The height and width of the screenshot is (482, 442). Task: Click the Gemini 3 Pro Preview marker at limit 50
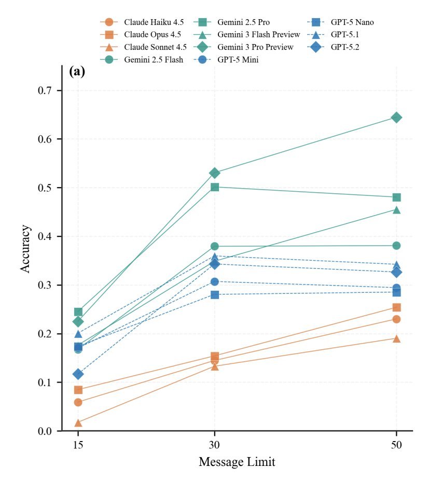[x=396, y=118]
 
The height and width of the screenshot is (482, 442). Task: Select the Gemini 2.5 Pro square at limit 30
[x=214, y=187]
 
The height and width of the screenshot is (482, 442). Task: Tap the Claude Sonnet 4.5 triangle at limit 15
[x=78, y=423]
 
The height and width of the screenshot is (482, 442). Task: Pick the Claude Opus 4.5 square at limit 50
[x=396, y=307]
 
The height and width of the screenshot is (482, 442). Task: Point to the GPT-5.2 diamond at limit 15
[x=78, y=374]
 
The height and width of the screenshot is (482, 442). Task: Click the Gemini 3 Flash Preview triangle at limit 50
[x=396, y=210]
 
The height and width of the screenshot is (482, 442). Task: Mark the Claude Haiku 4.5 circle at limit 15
[x=78, y=402]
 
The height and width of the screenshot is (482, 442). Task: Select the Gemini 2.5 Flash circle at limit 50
[x=396, y=245]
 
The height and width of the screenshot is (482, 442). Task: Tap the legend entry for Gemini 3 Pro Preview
[x=255, y=47]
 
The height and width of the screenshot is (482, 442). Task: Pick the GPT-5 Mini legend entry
[x=238, y=60]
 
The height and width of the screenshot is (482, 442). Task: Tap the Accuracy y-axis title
[x=25, y=248]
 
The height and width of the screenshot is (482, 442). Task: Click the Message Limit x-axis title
[x=237, y=462]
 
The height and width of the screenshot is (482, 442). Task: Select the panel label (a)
[x=77, y=72]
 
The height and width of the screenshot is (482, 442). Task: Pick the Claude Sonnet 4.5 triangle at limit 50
[x=396, y=338]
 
